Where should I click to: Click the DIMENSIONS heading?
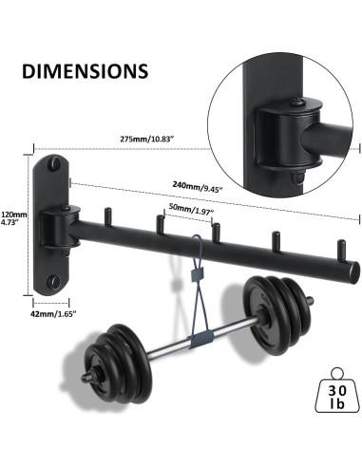[x=83, y=71]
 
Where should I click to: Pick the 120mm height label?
[x=14, y=215]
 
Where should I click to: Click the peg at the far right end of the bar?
[x=335, y=248]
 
